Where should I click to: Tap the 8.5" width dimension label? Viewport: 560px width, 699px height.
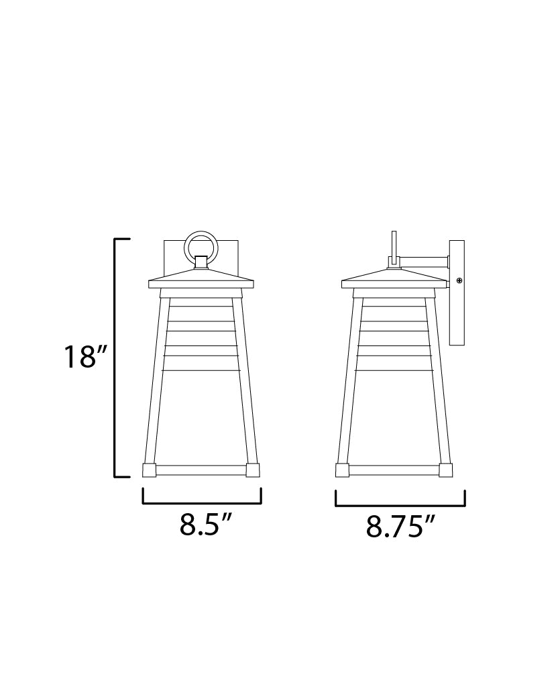201,525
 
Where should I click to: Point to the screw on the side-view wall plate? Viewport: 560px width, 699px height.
459,280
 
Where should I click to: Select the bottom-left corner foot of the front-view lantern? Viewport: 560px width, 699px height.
150,470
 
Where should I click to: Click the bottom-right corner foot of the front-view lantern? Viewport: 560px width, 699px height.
253,470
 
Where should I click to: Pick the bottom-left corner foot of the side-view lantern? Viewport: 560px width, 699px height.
342,470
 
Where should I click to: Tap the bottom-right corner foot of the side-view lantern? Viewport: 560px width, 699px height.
445,470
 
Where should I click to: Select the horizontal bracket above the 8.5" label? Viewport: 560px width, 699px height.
201,502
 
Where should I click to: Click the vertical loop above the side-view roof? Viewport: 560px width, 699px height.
394,246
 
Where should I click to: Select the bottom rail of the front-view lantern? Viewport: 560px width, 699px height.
201,470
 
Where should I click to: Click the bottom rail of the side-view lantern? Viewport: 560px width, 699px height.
394,470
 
